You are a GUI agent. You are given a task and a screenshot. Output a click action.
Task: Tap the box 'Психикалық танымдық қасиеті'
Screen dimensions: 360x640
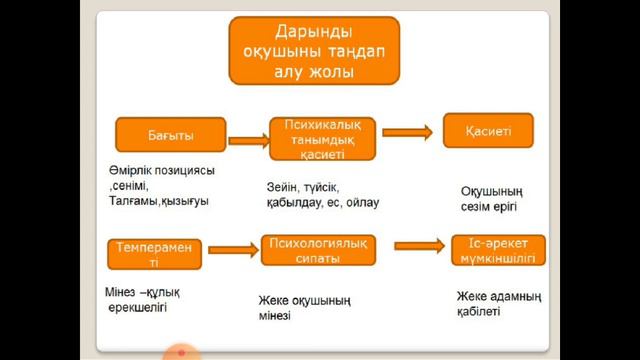click(x=321, y=139)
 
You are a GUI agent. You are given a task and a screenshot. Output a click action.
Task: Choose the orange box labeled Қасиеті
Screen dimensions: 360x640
click(x=488, y=131)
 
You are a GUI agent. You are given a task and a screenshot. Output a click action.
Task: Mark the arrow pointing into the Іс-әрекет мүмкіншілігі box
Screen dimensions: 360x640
click(x=417, y=246)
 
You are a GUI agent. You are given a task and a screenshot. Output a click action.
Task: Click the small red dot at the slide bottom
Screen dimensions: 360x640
click(x=181, y=352)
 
